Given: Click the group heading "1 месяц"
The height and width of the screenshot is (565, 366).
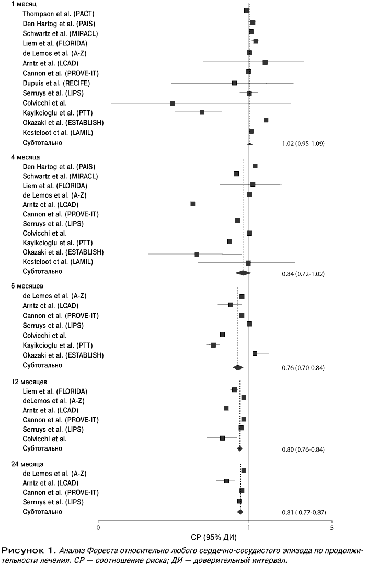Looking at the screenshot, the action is (x=24, y=4).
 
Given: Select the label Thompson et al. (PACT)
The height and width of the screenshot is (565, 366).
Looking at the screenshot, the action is (x=59, y=14).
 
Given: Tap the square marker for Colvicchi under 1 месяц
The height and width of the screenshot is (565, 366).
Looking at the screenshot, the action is (x=173, y=104).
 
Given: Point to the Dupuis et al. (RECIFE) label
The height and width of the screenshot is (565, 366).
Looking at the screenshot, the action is (x=56, y=83).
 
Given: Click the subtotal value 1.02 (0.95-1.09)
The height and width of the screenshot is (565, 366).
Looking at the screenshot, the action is (x=303, y=143).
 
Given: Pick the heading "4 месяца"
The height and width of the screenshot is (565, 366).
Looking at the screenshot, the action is (x=25, y=157).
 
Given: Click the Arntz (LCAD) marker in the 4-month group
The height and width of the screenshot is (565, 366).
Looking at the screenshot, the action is (x=192, y=204).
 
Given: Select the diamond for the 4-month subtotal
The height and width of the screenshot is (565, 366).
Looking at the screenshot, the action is (x=243, y=273).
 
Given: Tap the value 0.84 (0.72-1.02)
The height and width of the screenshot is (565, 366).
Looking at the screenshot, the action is (x=303, y=274).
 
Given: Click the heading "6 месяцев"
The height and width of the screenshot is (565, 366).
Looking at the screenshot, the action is (x=27, y=286).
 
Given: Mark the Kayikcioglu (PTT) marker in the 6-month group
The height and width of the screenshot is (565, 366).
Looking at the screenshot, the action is (x=213, y=345).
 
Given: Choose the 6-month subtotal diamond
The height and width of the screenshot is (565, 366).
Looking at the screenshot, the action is (x=238, y=367).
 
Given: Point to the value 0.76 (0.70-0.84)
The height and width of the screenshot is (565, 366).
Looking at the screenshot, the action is (x=303, y=368).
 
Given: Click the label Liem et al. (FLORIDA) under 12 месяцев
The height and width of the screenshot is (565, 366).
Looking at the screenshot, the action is (x=55, y=391).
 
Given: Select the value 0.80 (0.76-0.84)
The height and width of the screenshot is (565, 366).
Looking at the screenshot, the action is (x=303, y=449).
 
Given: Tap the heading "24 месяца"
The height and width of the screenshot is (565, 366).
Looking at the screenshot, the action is (x=27, y=464).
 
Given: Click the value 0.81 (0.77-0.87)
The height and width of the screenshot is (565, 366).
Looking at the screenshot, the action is (x=304, y=512).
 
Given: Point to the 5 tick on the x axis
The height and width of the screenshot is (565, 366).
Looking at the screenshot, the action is (x=332, y=528).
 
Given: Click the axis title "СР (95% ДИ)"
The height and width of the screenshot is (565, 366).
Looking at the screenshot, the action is (x=214, y=538).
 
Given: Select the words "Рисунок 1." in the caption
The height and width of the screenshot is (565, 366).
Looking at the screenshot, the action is (x=28, y=550).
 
